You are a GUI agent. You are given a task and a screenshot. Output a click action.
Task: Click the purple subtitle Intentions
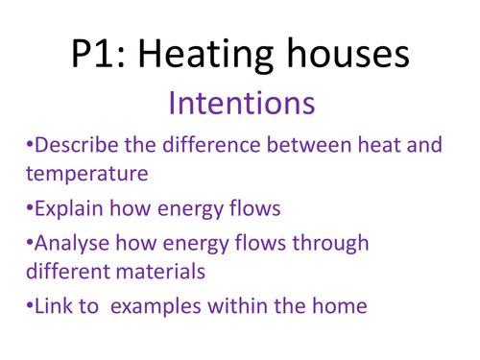(239, 103)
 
